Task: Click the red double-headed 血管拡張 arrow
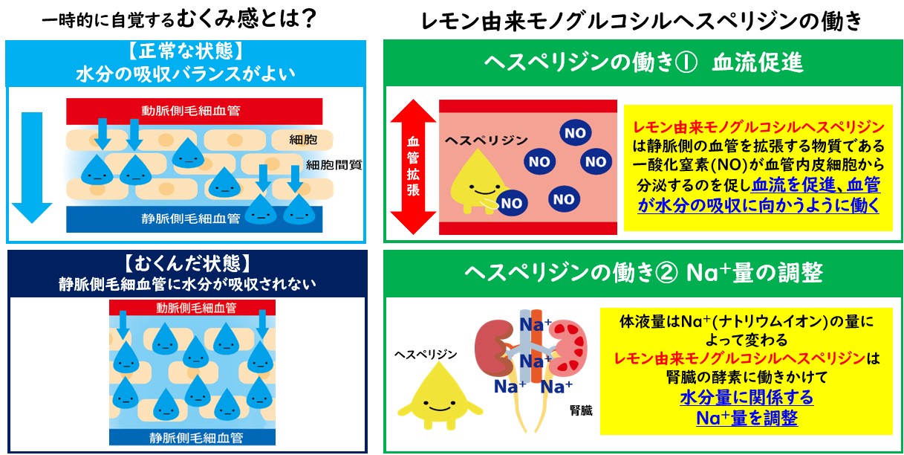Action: pos(413,167)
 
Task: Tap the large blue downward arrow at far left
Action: pos(32,167)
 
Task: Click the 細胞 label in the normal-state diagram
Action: pos(303,140)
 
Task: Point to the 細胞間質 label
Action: pos(334,165)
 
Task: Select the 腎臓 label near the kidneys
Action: pos(581,410)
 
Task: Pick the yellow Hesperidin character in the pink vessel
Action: pos(476,181)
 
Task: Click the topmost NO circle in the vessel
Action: pos(575,132)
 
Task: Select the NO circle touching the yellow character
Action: pos(511,203)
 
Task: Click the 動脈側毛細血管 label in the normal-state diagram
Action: pos(190,111)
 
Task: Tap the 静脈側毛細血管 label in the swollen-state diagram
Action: pos(196,438)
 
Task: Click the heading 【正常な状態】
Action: pos(186,51)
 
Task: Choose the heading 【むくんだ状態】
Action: pos(186,263)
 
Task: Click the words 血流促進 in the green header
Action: pos(758,63)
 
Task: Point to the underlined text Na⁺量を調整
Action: pos(747,418)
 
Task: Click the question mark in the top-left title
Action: pos(309,19)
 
